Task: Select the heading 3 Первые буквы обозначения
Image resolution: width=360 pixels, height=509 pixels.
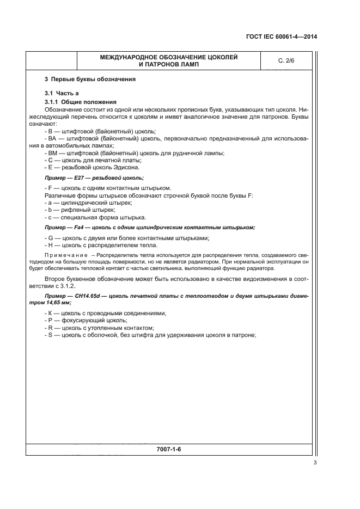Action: [x=90, y=79]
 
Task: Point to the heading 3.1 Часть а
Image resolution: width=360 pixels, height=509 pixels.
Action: [x=62, y=94]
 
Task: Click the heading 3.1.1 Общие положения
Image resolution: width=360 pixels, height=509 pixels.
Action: [x=82, y=102]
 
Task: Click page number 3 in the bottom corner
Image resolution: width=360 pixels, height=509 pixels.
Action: [x=315, y=463]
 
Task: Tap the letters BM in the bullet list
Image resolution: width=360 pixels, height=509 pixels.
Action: [x=51, y=153]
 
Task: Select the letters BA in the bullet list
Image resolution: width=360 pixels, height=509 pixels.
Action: [x=51, y=139]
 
